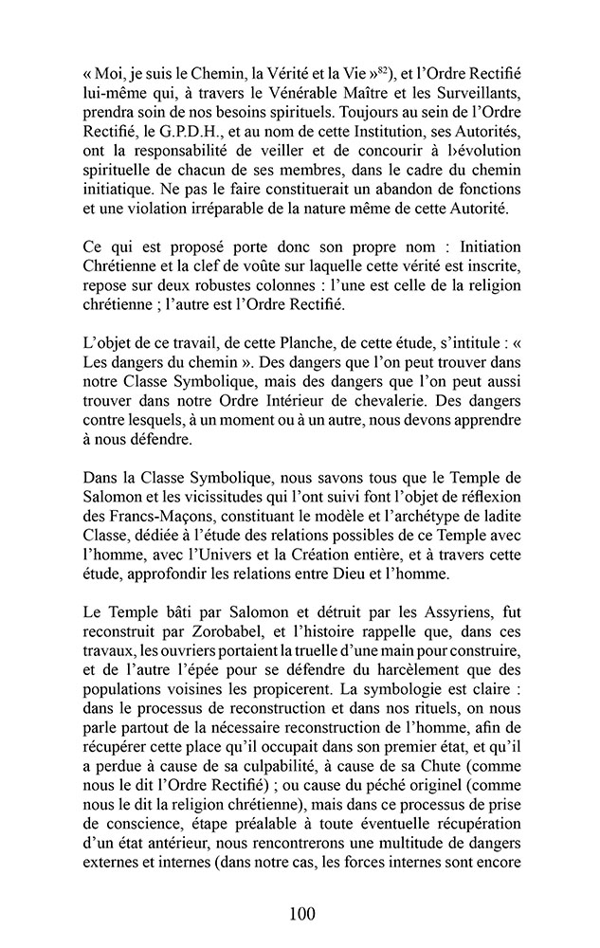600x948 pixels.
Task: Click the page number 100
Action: pos(300,914)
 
